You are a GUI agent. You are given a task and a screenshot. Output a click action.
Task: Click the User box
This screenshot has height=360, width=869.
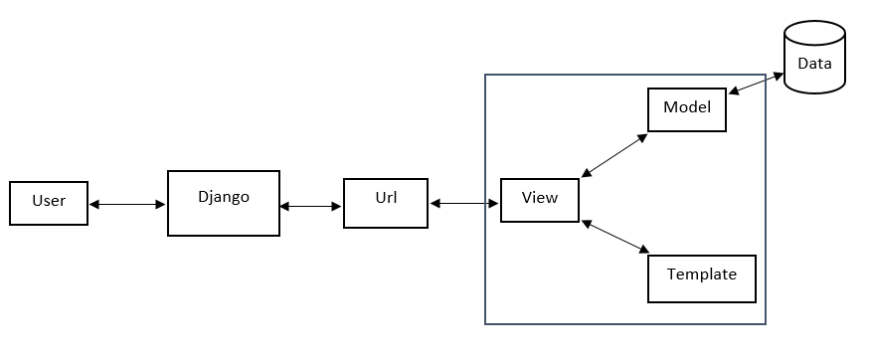[49, 202]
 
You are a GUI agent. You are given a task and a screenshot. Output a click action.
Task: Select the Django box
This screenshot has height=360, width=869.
[223, 204]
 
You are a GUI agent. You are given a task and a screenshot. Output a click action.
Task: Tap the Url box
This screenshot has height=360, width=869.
[386, 203]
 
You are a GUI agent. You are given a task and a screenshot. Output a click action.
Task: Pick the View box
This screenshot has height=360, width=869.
[539, 200]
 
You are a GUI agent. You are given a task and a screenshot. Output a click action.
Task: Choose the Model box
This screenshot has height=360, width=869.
[687, 109]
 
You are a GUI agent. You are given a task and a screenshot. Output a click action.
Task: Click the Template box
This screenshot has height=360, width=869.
[701, 278]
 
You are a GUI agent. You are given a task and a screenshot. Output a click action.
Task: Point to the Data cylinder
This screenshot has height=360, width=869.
[814, 60]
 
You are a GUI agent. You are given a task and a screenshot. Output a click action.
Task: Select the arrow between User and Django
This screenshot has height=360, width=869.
[127, 204]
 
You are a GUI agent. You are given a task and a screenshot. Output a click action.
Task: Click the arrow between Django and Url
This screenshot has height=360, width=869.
[311, 207]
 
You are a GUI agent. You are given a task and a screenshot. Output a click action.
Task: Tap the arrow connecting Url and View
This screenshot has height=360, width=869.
[464, 203]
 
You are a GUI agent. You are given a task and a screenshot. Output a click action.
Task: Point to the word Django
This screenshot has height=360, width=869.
[223, 197]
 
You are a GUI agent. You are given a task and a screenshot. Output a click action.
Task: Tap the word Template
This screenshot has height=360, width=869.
[701, 273]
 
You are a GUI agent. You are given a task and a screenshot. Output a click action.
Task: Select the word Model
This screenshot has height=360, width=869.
[687, 106]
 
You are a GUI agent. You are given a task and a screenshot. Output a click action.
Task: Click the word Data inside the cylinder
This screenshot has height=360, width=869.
[814, 64]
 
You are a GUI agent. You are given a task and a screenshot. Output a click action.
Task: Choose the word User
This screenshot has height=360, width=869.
[49, 201]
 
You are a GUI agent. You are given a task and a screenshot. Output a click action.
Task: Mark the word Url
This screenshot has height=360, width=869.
[386, 197]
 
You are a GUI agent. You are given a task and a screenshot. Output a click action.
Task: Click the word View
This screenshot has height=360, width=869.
[539, 197]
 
